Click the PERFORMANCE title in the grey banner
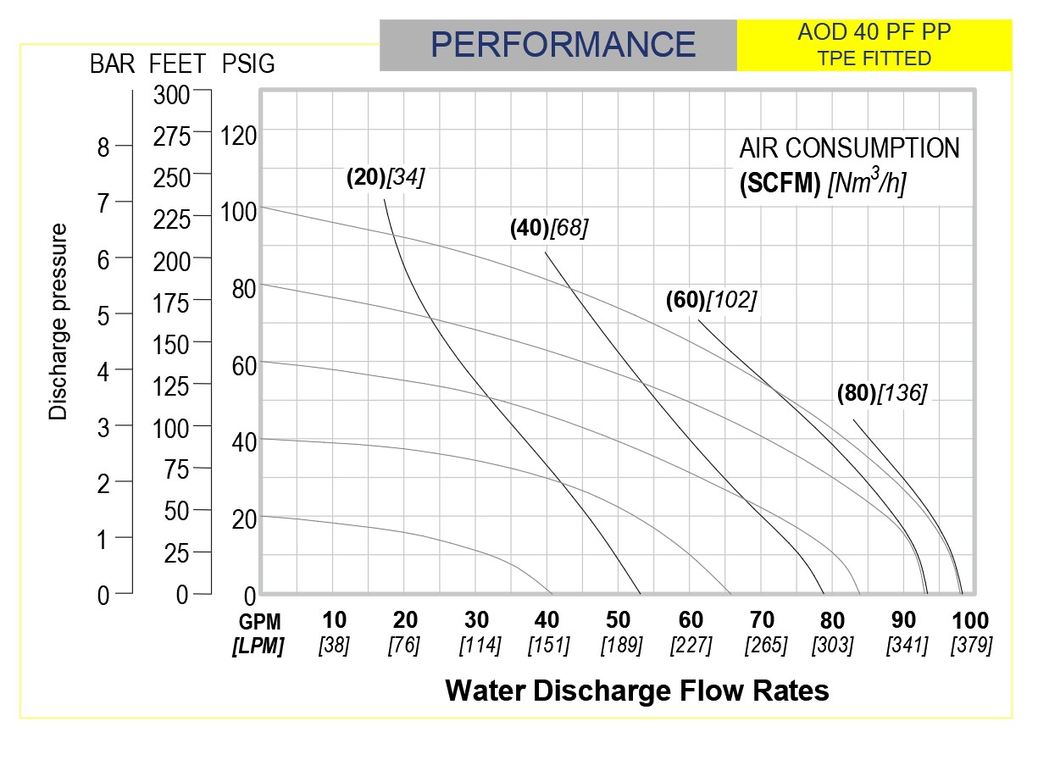(563, 44)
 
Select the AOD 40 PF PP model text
(874, 34)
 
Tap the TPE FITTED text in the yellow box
(874, 58)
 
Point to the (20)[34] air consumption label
(386, 177)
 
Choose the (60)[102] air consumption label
(711, 300)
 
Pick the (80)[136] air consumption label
(882, 392)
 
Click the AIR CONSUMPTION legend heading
(849, 148)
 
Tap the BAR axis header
(113, 64)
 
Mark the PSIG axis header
(248, 64)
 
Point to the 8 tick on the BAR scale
(103, 148)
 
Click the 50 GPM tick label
(621, 620)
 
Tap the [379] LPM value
(971, 646)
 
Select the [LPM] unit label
(258, 646)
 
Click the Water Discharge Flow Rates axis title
(636, 691)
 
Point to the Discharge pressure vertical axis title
(58, 322)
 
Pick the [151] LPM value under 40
(548, 646)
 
